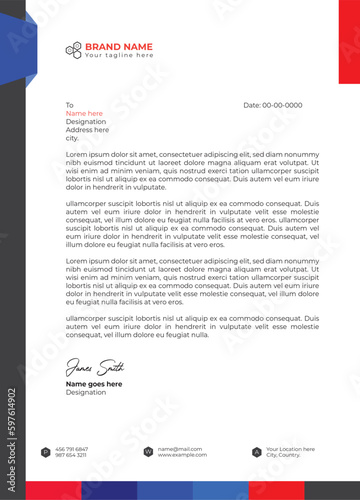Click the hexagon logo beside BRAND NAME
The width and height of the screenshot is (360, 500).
click(73, 49)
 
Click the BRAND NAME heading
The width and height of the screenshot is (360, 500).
click(118, 46)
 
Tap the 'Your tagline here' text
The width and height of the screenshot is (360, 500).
click(118, 56)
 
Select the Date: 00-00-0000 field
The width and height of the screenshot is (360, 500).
click(272, 105)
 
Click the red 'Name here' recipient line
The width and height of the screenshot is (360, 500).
click(84, 113)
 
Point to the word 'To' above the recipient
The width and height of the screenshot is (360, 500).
click(70, 105)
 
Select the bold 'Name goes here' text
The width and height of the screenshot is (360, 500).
click(94, 384)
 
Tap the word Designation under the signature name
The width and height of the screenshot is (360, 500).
click(85, 393)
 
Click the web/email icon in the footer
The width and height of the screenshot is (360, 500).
click(149, 452)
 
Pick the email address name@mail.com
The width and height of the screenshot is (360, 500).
click(180, 449)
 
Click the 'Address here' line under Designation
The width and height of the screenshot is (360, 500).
click(87, 130)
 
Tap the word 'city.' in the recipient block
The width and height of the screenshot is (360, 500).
click(72, 138)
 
